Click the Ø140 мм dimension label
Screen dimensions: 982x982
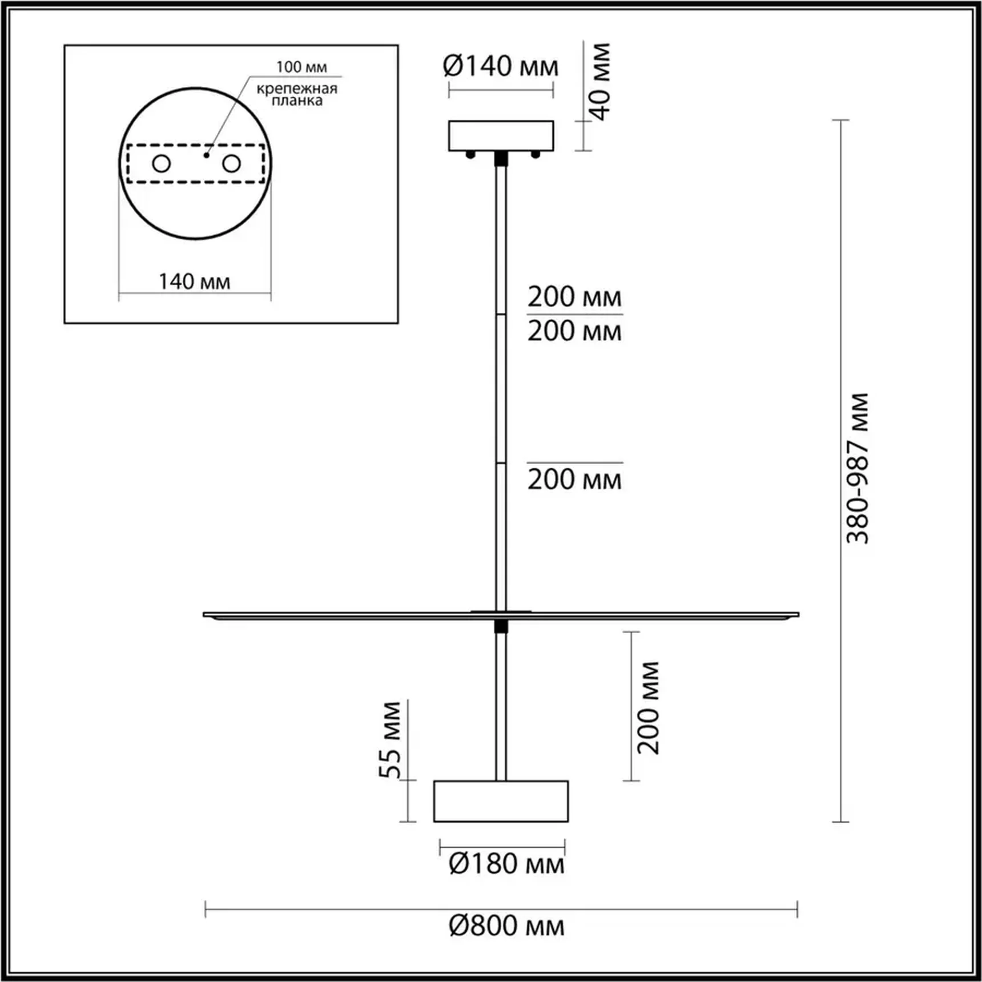tap(500, 66)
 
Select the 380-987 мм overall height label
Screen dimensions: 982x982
tap(858, 468)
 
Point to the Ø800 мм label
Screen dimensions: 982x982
tap(506, 925)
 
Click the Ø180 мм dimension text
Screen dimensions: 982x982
tap(506, 864)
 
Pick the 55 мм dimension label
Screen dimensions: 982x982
tap(391, 739)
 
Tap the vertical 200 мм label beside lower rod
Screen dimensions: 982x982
tap(648, 708)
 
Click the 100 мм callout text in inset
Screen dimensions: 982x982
tap(301, 67)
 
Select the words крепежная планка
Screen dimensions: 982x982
tap(297, 95)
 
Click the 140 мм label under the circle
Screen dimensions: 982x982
tap(195, 281)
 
